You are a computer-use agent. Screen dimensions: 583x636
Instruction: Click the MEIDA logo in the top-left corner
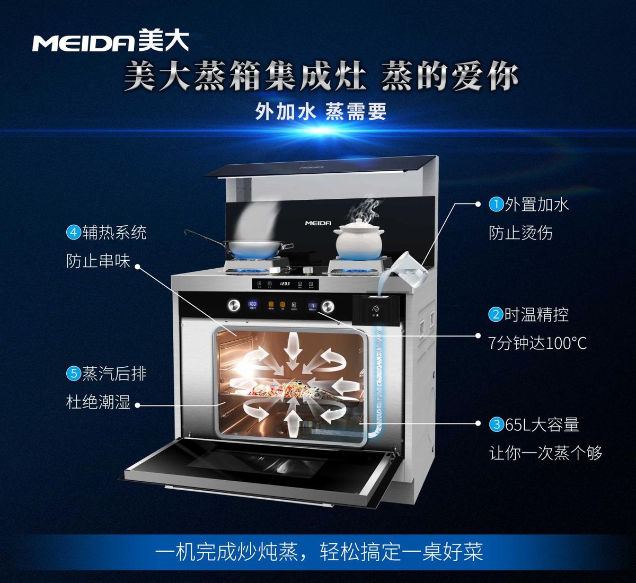point(110,41)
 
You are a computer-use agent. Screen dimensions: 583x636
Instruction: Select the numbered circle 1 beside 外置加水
point(496,204)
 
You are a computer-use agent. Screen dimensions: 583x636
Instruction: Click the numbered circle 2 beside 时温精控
point(495,314)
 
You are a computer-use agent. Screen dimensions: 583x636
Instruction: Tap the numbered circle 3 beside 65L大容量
point(496,425)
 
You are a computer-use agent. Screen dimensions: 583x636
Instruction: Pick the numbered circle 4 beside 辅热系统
point(73,232)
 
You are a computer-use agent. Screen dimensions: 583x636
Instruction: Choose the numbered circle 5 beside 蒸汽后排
point(73,374)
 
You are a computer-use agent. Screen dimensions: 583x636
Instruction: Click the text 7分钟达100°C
point(537,343)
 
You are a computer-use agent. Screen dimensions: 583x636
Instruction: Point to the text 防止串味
point(98,261)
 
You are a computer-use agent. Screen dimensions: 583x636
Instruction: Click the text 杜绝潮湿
point(98,402)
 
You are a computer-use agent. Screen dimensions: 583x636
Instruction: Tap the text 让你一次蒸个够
point(545,453)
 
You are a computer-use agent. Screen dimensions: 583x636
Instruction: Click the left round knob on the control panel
point(234,305)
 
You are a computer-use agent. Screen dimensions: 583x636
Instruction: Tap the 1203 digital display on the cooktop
point(285,284)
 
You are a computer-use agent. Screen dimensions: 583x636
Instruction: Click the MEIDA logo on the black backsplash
point(318,223)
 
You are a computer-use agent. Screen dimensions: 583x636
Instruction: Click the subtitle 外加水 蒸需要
point(321,112)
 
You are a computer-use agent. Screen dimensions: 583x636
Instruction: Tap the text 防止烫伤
point(520,233)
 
